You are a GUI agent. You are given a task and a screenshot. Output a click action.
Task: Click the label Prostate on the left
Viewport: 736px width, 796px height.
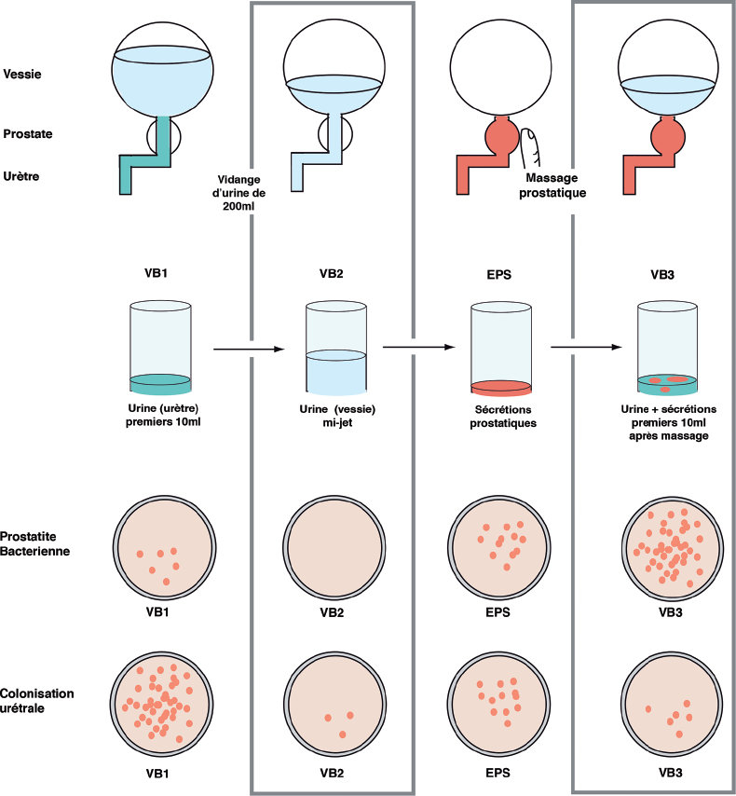(28, 134)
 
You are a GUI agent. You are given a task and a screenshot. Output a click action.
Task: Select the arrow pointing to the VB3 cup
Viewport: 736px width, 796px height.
(585, 350)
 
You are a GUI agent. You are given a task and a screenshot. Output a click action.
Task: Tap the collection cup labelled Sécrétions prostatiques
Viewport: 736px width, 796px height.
(501, 347)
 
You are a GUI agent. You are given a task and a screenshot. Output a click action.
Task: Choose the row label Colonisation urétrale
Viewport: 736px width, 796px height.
(38, 700)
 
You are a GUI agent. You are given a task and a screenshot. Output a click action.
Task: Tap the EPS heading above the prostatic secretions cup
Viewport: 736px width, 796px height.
(501, 277)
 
